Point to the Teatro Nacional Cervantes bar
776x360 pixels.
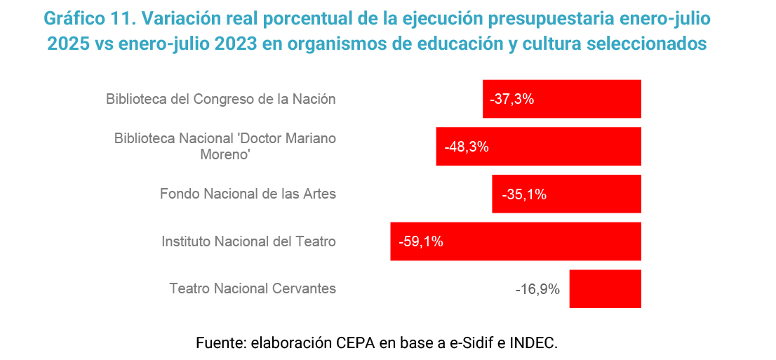[605, 288]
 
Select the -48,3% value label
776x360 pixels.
[466, 147]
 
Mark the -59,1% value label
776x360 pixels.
[420, 242]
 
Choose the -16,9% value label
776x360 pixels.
[537, 289]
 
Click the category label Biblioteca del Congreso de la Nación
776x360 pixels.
[221, 99]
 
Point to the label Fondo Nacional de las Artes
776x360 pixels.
[248, 194]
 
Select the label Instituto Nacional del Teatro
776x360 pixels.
[248, 241]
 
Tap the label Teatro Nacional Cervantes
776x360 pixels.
[253, 288]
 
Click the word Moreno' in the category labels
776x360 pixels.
[226, 154]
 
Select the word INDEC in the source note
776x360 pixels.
[533, 343]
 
